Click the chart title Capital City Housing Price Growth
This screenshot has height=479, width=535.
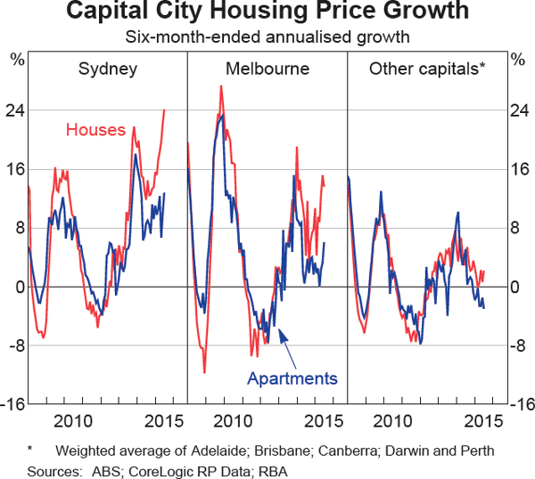268,13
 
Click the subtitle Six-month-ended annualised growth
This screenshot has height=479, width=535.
267,38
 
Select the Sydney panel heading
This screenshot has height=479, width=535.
107,69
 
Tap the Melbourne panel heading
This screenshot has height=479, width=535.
267,69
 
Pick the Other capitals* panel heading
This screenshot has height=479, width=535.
427,69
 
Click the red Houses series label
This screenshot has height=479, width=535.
95,130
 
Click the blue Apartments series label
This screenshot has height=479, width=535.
292,378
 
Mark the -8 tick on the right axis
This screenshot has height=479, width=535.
518,345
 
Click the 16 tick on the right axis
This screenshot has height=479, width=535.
518,169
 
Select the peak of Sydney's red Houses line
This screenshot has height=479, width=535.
164,110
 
